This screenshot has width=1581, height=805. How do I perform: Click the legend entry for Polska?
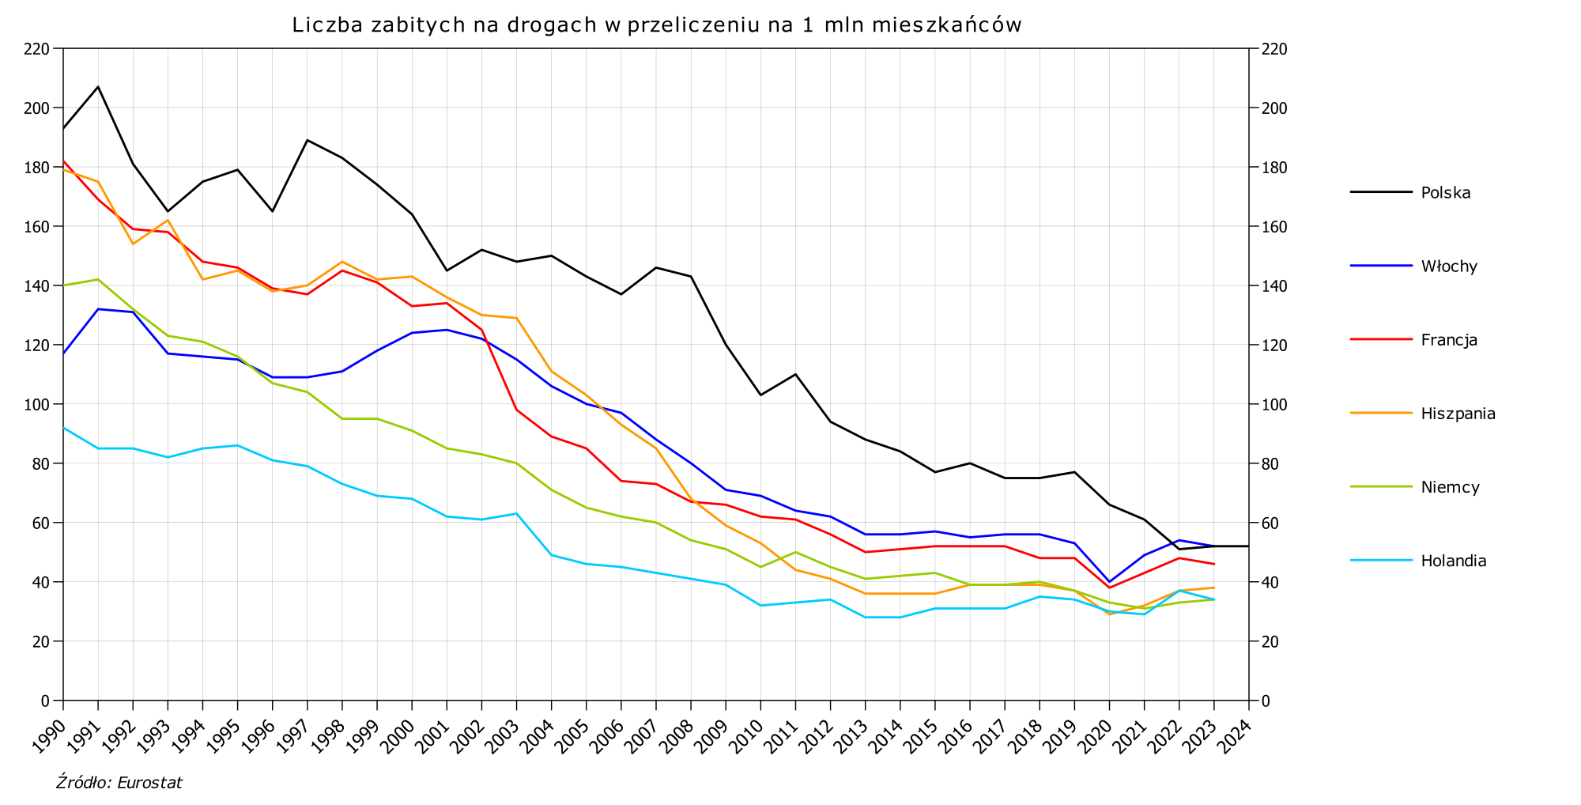click(1445, 192)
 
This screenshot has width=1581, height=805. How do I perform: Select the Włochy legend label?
click(1448, 266)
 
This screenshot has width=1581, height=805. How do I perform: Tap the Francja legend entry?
click(1448, 340)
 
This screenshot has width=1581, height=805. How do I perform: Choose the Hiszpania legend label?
click(1458, 414)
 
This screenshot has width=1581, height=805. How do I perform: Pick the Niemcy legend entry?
click(1450, 487)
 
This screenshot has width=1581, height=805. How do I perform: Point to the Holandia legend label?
click(1453, 561)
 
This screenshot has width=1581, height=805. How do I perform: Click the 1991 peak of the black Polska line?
click(98, 86)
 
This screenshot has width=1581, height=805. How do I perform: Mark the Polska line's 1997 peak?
click(307, 140)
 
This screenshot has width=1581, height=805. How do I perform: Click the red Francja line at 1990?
click(64, 161)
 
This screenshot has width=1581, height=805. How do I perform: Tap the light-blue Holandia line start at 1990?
click(64, 428)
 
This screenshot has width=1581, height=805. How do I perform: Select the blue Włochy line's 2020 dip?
click(1109, 582)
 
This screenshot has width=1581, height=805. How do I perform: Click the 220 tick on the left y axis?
click(37, 49)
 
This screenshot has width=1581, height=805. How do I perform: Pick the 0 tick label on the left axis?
click(46, 701)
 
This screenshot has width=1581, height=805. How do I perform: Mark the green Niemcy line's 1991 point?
click(98, 279)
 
